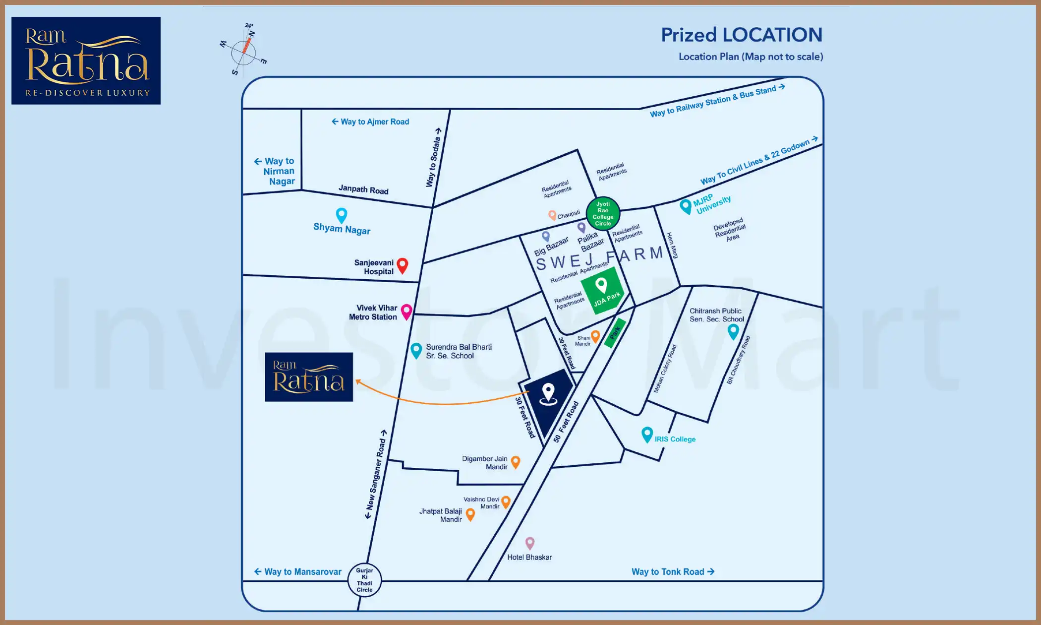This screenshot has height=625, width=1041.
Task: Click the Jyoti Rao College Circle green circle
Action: click(603, 214)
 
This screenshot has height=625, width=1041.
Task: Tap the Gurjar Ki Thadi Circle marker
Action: click(364, 580)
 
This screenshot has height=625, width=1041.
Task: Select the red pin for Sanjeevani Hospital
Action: click(403, 265)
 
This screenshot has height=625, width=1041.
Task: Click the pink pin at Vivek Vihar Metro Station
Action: click(406, 311)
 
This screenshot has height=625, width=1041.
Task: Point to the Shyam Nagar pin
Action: click(342, 215)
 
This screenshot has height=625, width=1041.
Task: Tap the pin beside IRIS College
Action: click(647, 434)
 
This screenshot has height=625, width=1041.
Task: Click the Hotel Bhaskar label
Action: click(529, 557)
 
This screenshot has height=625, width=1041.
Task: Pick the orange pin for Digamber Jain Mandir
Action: click(516, 462)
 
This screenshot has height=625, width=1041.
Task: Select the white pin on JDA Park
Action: click(601, 285)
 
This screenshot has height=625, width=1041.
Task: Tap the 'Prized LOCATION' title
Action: click(742, 35)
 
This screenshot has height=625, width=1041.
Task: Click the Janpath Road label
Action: click(363, 189)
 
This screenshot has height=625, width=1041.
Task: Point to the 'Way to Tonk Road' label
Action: click(672, 571)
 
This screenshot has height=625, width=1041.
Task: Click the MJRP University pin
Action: click(686, 206)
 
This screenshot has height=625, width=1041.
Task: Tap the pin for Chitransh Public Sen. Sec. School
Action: click(733, 331)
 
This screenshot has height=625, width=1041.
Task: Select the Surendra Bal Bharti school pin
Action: click(416, 350)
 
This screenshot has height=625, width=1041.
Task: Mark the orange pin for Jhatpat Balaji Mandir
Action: click(470, 514)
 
